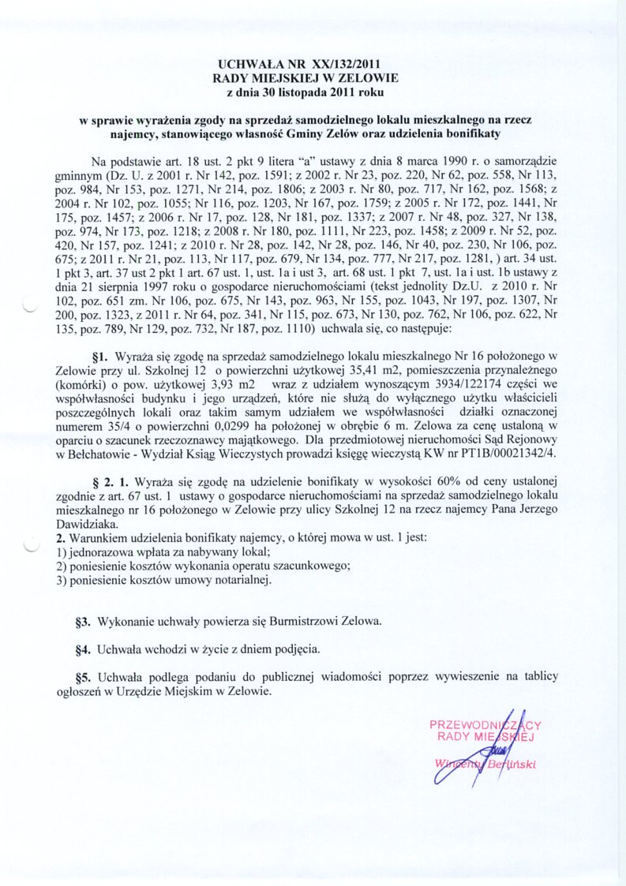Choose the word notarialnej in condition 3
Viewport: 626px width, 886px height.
click(x=241, y=580)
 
